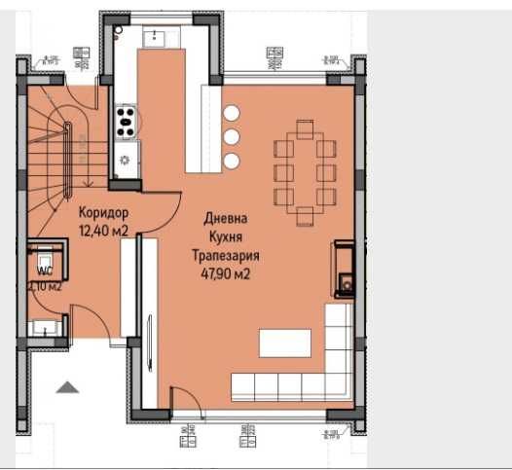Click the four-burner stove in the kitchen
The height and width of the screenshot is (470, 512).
pyautogui.click(x=126, y=122)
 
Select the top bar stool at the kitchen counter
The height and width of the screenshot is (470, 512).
pyautogui.click(x=232, y=113)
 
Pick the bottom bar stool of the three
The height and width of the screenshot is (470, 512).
pyautogui.click(x=232, y=159)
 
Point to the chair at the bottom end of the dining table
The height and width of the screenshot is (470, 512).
pyautogui.click(x=306, y=213)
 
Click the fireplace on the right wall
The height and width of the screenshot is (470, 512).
pyautogui.click(x=346, y=269)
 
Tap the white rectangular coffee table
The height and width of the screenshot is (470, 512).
pyautogui.click(x=284, y=343)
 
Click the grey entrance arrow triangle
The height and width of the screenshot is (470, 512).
pyautogui.click(x=67, y=387)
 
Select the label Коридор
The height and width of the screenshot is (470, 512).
pyautogui.click(x=102, y=213)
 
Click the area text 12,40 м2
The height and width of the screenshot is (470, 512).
pyautogui.click(x=104, y=230)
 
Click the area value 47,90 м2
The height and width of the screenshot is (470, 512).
pyautogui.click(x=223, y=273)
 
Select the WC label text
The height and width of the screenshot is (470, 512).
pyautogui.click(x=44, y=271)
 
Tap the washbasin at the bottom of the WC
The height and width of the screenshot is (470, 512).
pyautogui.click(x=43, y=327)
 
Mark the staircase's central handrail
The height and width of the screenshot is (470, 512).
pyautogui.click(x=66, y=151)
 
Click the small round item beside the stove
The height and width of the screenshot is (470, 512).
pyautogui.click(x=125, y=159)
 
